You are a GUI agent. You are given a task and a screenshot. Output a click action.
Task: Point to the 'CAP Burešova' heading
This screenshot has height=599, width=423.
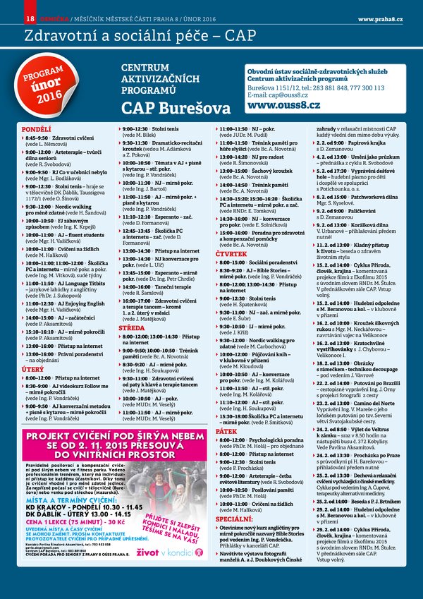176,108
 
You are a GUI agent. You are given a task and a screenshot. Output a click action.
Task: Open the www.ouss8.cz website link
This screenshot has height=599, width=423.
283,104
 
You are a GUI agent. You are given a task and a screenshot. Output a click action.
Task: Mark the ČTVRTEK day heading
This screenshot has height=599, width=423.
231,253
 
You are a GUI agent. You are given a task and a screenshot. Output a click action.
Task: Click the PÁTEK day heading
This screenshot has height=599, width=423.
226,430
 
